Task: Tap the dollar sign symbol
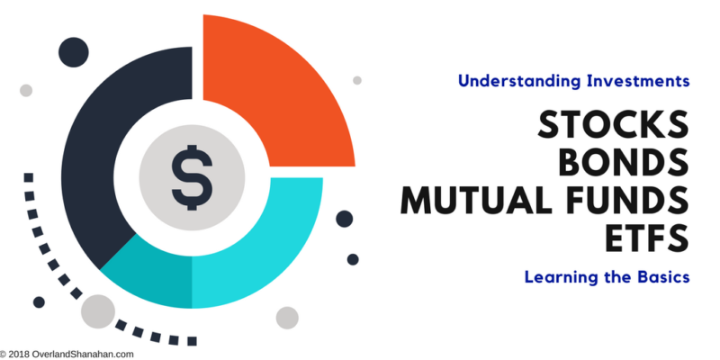tap(192, 177)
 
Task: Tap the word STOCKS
tap(613, 125)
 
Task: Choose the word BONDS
tap(624, 163)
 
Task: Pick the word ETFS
tap(647, 238)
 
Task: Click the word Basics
tap(662, 277)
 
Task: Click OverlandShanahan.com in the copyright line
tap(83, 355)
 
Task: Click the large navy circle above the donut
tap(74, 52)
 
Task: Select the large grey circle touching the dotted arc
tap(98, 311)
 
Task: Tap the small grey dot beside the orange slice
tap(357, 80)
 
